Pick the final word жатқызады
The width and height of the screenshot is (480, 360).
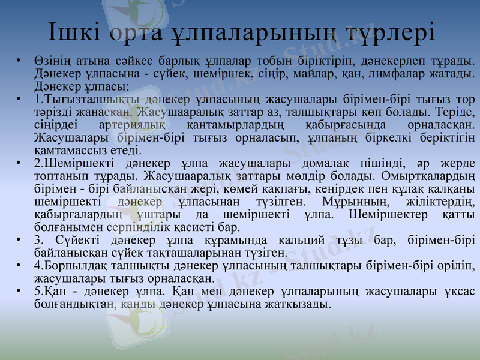[x=296, y=305]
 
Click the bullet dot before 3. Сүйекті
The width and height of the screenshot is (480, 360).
[x=19, y=241]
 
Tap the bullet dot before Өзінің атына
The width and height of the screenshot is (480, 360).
[x=19, y=61]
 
